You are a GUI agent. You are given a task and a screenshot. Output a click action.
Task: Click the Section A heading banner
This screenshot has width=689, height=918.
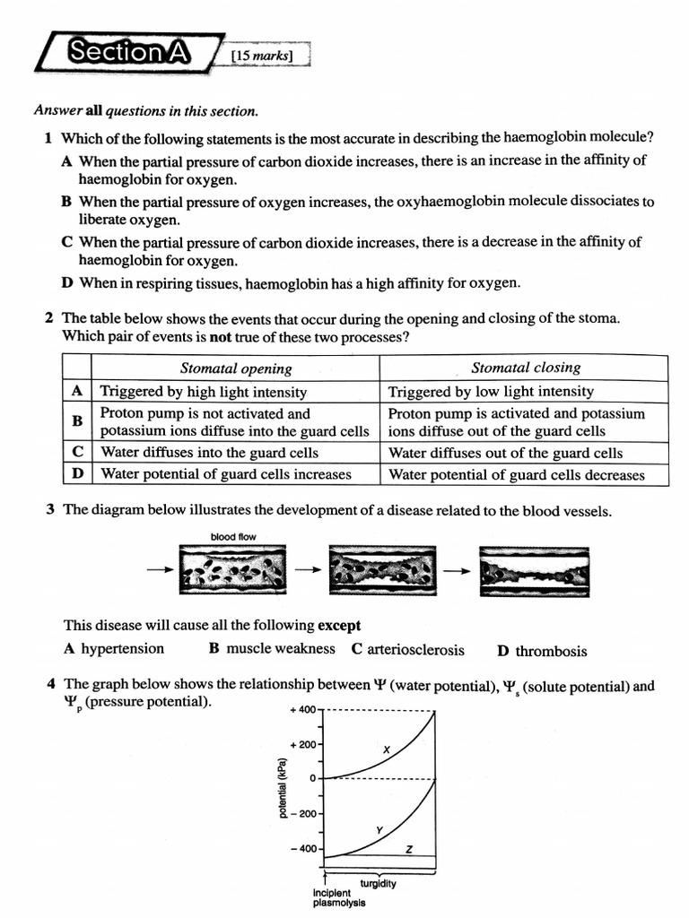(128, 53)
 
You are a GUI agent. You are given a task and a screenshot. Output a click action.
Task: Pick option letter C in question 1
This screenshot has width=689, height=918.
(67, 242)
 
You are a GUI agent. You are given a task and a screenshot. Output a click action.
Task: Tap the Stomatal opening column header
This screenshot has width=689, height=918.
(236, 368)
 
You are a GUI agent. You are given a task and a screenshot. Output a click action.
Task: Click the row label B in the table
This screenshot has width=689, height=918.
(77, 421)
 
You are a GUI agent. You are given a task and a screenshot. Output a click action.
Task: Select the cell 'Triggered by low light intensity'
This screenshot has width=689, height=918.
(491, 392)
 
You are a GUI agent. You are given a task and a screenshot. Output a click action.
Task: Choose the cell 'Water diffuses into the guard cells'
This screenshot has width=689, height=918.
(209, 453)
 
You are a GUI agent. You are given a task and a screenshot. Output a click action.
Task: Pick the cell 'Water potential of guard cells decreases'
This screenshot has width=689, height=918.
(516, 475)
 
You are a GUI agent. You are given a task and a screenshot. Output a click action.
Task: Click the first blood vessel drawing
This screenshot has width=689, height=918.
(233, 570)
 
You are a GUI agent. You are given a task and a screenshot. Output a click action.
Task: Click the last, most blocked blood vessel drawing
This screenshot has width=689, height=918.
(533, 570)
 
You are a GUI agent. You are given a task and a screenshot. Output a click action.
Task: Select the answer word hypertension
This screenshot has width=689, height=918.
(122, 648)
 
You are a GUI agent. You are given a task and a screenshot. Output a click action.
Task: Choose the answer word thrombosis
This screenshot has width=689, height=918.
(551, 652)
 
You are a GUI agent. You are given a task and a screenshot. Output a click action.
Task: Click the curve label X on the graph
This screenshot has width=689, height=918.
(386, 749)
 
